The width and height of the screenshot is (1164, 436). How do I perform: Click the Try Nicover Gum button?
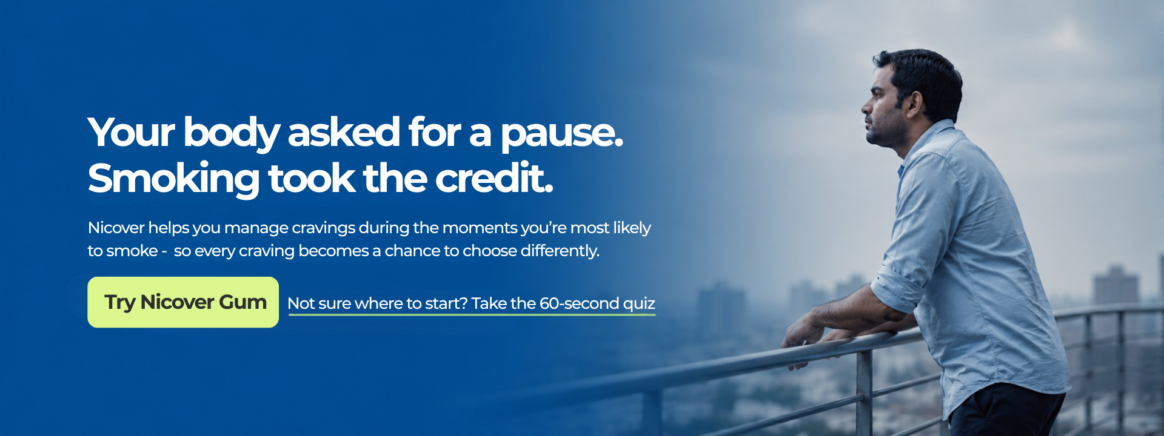click(x=183, y=302)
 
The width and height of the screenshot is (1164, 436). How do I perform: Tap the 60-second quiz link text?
click(x=471, y=303)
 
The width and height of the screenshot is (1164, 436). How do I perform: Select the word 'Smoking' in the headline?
click(x=174, y=179)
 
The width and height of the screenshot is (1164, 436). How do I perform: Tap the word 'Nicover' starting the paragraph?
click(x=116, y=228)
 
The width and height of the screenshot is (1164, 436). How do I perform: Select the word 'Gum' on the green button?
click(x=242, y=302)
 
